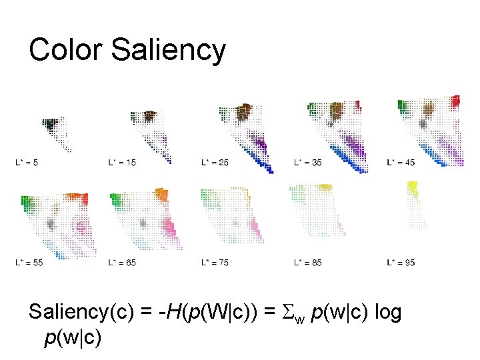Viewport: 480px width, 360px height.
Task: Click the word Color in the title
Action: (x=65, y=50)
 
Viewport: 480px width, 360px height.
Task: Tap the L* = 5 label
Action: (x=26, y=162)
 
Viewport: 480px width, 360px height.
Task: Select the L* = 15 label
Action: (x=122, y=162)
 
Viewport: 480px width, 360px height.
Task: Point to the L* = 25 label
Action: (x=215, y=162)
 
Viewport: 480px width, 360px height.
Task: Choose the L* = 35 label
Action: (x=308, y=162)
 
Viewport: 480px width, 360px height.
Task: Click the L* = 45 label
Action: (x=401, y=162)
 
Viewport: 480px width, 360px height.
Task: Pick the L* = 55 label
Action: (x=29, y=263)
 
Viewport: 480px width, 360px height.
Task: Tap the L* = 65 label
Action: (x=122, y=263)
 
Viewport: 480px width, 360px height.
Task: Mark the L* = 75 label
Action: (x=215, y=263)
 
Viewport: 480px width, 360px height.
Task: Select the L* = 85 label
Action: (x=308, y=263)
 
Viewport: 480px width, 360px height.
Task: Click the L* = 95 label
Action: (x=401, y=263)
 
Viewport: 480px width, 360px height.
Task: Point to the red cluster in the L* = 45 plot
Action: (x=455, y=101)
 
